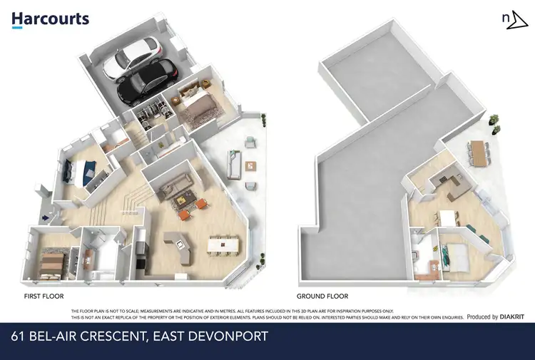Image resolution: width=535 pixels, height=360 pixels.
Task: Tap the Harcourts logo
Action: pyautogui.click(x=50, y=19)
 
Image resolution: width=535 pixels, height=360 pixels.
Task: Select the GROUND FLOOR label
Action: pyautogui.click(x=322, y=294)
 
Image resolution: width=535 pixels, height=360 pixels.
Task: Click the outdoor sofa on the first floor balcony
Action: pyautogui.click(x=233, y=164)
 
